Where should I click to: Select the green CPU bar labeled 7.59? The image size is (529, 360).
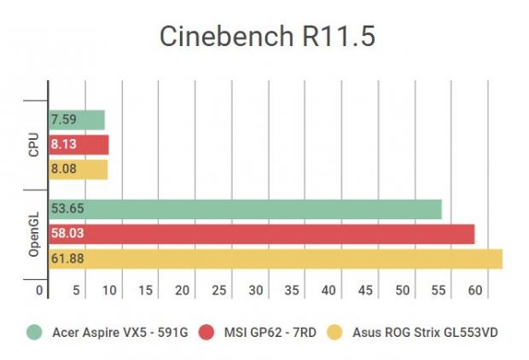coord(77,119)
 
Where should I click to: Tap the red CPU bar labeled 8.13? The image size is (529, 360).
coord(78,144)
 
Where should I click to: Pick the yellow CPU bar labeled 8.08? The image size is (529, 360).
coord(78,169)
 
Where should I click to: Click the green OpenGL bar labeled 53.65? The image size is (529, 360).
coord(246,209)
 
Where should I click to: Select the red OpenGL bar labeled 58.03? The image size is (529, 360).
coord(262,234)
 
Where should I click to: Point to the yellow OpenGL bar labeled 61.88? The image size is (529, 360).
coord(276,258)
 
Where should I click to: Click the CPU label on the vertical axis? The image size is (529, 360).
coord(33,144)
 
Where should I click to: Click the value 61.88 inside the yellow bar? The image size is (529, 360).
coord(67,258)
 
